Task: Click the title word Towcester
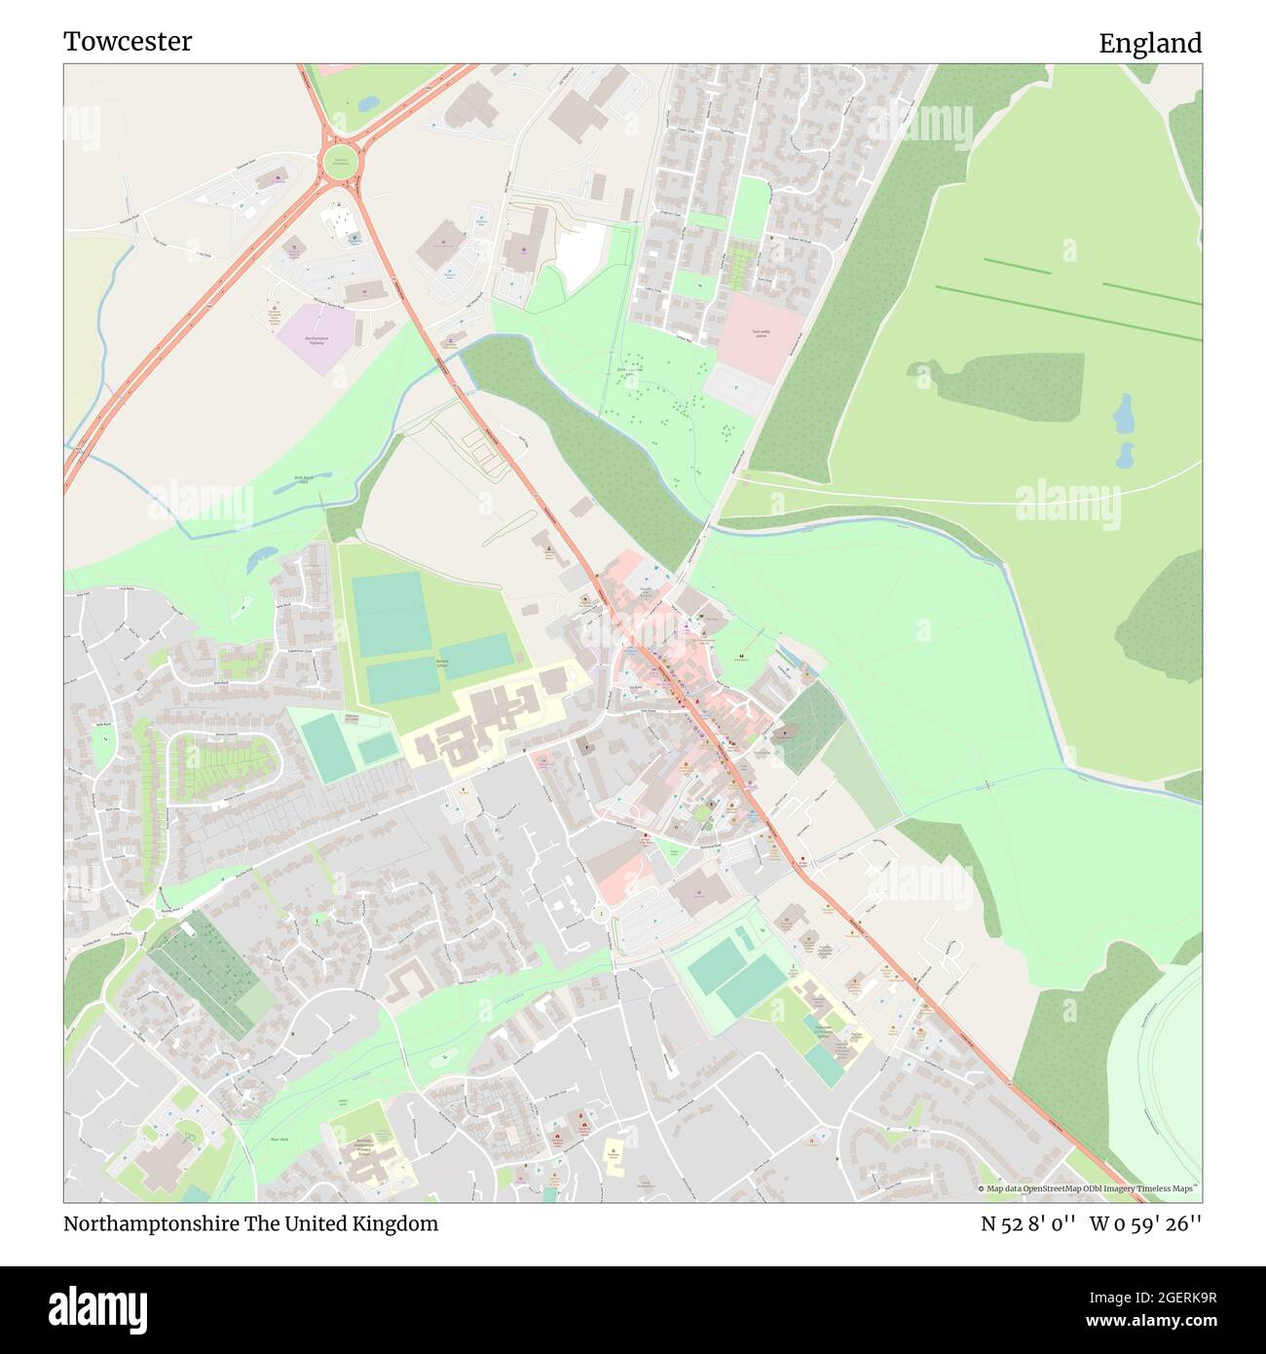(128, 41)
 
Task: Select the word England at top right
(1149, 43)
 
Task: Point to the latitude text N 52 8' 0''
(1027, 1223)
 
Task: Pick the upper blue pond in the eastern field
(1124, 414)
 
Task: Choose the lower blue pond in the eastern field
(1125, 454)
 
